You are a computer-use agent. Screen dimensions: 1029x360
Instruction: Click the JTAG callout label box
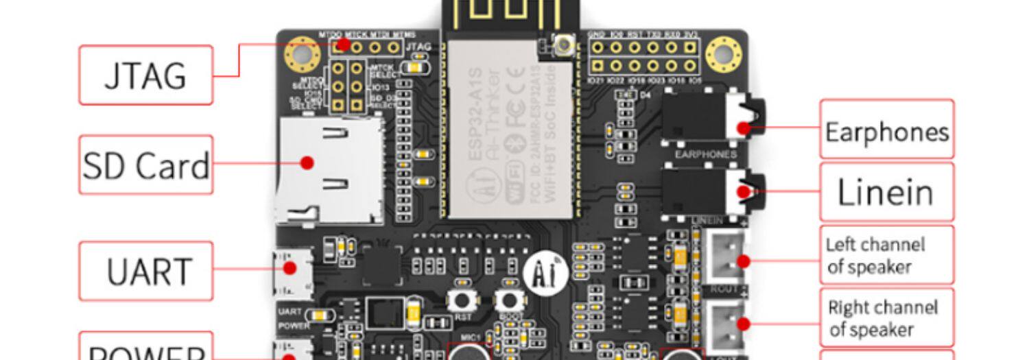coord(145,75)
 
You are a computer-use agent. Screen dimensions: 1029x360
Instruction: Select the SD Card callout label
coord(145,165)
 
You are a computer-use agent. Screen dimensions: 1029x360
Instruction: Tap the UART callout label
coord(145,271)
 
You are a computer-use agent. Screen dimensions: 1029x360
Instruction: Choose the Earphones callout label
coord(886,130)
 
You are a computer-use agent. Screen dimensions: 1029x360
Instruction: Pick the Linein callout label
coord(886,193)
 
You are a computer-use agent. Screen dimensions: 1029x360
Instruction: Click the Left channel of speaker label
coord(886,255)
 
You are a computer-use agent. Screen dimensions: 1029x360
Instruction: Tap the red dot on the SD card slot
coord(307,163)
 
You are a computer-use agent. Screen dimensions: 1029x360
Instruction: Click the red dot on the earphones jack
coord(744,128)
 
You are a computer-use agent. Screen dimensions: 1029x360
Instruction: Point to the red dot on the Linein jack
coord(743,192)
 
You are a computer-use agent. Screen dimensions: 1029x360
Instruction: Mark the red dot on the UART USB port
coord(290,268)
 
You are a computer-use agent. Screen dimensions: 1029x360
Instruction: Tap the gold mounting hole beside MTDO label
coord(303,53)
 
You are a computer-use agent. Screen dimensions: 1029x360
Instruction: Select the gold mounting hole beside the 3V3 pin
coord(724,53)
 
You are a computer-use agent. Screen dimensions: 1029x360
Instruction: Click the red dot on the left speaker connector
coord(743,261)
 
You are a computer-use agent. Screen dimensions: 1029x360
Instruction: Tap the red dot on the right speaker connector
coord(743,324)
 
